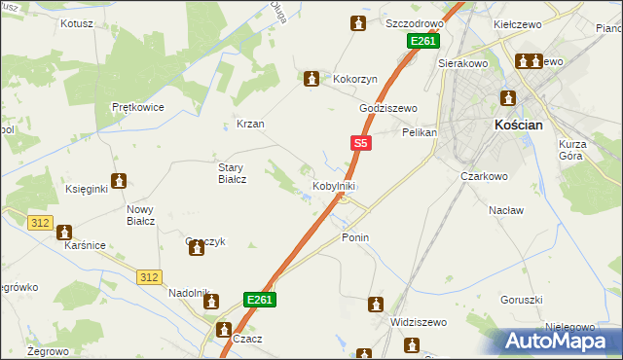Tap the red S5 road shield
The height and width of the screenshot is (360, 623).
pyautogui.click(x=360, y=143)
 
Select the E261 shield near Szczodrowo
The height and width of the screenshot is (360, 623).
pyautogui.click(x=422, y=42)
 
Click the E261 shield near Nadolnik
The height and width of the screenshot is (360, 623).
pyautogui.click(x=259, y=300)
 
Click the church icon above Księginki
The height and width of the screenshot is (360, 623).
pyautogui.click(x=119, y=180)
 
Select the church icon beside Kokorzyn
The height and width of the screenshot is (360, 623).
pyautogui.click(x=311, y=79)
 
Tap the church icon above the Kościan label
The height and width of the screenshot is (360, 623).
pyautogui.click(x=507, y=98)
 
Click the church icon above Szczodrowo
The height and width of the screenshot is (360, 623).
pyautogui.click(x=359, y=23)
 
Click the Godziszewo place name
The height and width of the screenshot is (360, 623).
pyautogui.click(x=387, y=109)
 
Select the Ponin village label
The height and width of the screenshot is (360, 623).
pyautogui.click(x=355, y=237)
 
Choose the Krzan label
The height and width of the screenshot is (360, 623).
pyautogui.click(x=250, y=125)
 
